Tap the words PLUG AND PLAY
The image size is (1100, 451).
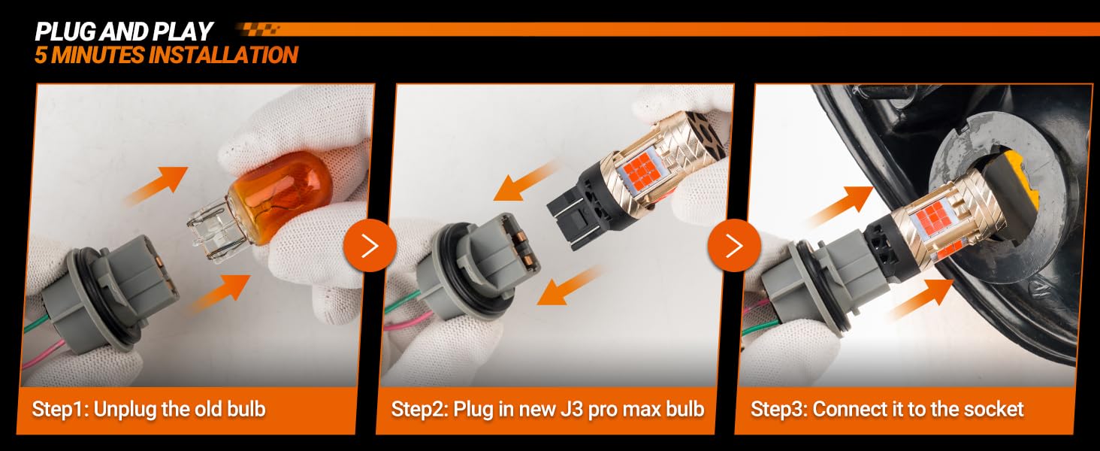pyautogui.click(x=123, y=32)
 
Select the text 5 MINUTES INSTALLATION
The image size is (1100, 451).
pyautogui.click(x=166, y=55)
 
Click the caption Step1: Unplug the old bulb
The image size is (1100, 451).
pyautogui.click(x=149, y=409)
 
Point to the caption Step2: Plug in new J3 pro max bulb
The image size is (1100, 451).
pyautogui.click(x=548, y=409)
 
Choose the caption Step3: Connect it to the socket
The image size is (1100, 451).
pyautogui.click(x=887, y=409)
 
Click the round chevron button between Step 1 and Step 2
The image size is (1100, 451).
pyautogui.click(x=370, y=245)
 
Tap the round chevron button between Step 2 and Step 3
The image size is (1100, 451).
pyautogui.click(x=734, y=245)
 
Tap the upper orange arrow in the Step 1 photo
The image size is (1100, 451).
pyautogui.click(x=157, y=184)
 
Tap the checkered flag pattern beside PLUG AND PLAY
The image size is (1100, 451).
pyautogui.click(x=258, y=29)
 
